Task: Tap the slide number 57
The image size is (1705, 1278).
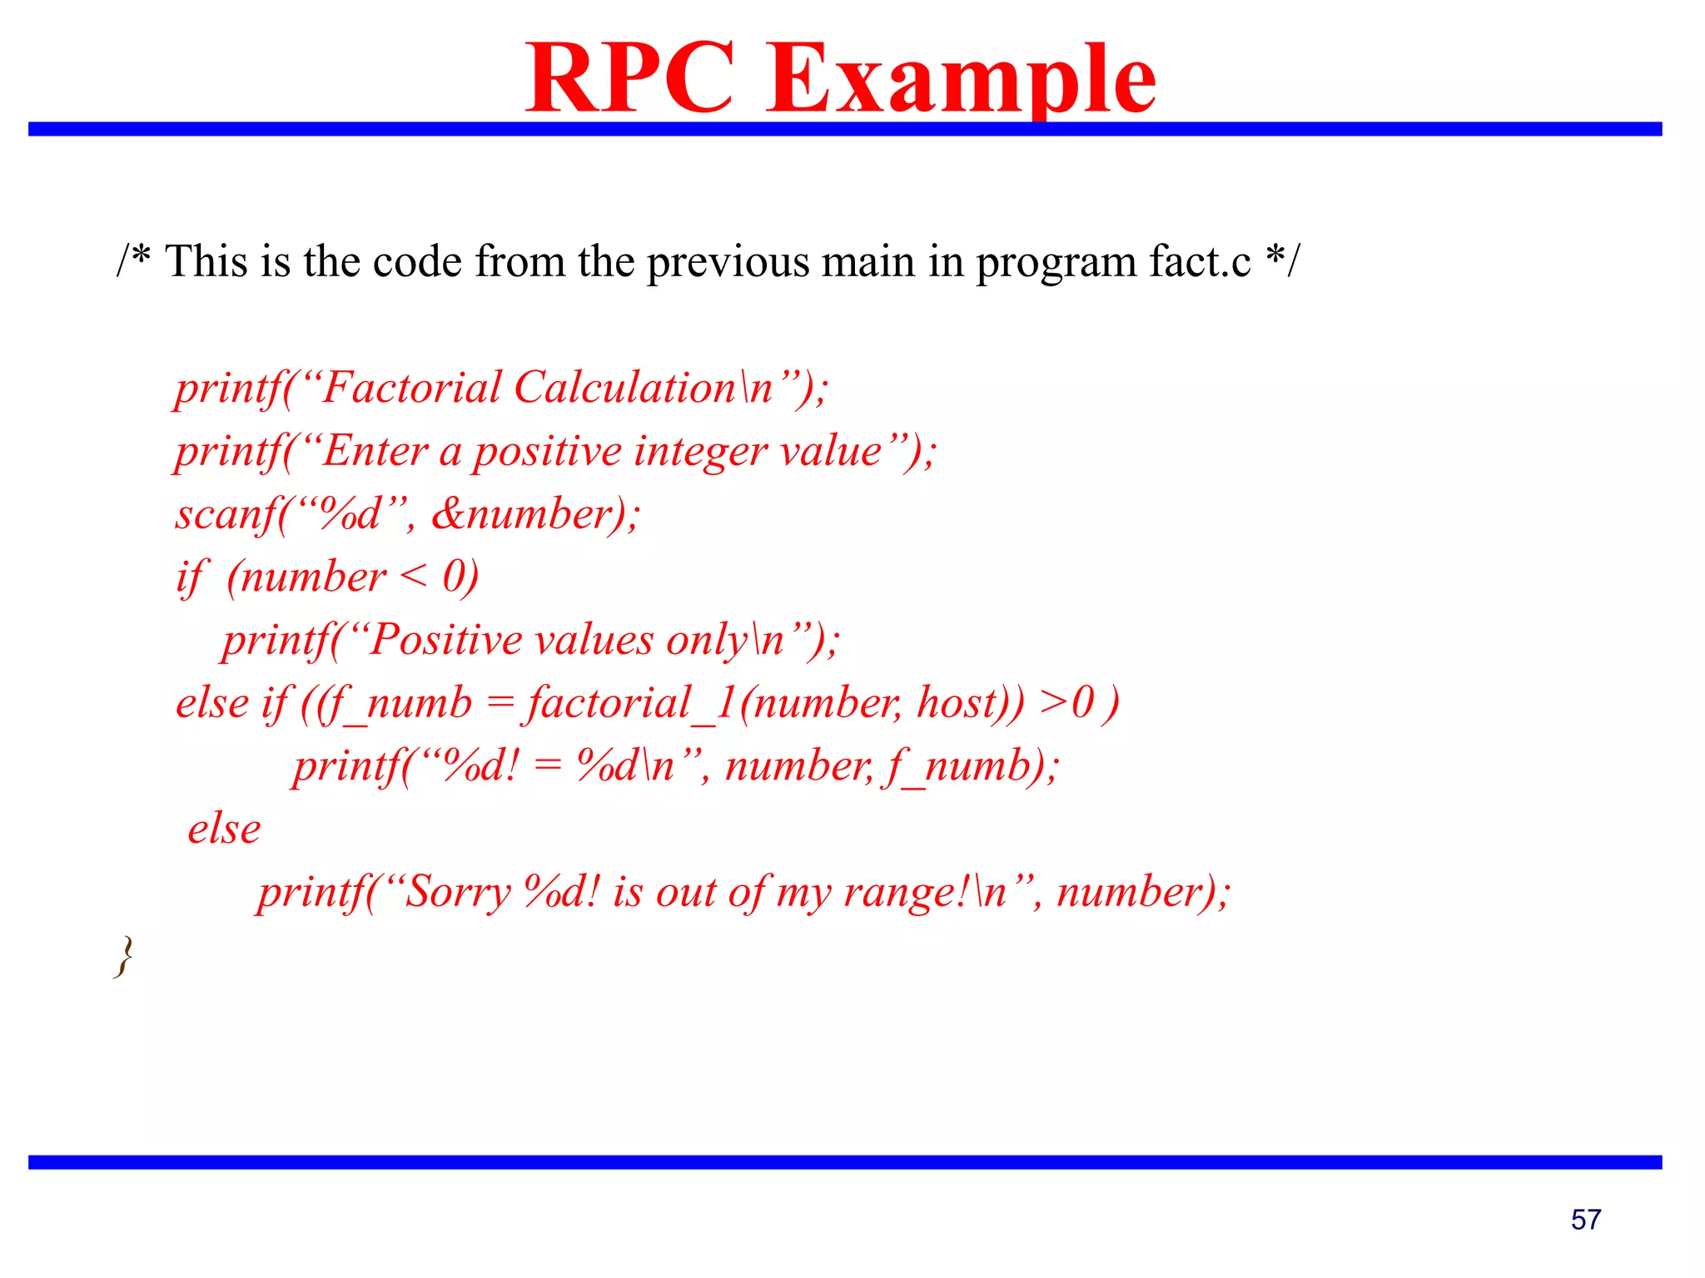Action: [x=1585, y=1220]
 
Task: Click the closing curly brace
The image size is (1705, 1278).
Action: [x=123, y=956]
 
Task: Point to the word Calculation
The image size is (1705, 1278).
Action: [x=624, y=388]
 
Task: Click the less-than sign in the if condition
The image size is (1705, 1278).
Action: [x=414, y=577]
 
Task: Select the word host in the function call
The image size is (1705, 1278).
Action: [x=957, y=703]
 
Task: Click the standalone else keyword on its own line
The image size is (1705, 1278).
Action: [x=224, y=829]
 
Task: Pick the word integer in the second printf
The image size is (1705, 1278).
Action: [x=700, y=451]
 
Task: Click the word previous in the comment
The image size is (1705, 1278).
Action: [x=728, y=261]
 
